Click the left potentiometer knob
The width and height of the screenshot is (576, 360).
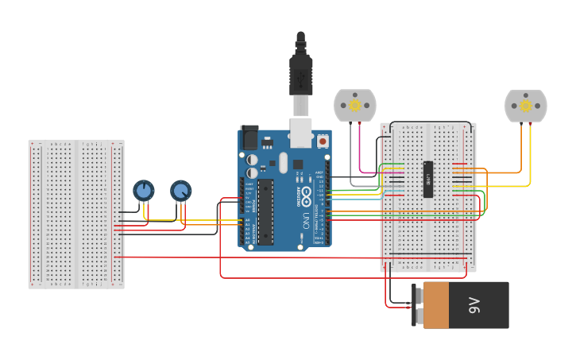[143, 191]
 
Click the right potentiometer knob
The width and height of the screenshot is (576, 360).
[181, 191]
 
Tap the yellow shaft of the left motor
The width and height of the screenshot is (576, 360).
[355, 105]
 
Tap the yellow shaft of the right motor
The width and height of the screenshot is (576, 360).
[525, 105]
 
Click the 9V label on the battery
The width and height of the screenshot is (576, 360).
[474, 305]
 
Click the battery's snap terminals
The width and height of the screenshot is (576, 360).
[417, 305]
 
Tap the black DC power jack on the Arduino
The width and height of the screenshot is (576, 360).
[249, 137]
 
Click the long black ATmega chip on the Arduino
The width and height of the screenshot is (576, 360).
[265, 211]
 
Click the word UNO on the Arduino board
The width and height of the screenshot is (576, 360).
[305, 221]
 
